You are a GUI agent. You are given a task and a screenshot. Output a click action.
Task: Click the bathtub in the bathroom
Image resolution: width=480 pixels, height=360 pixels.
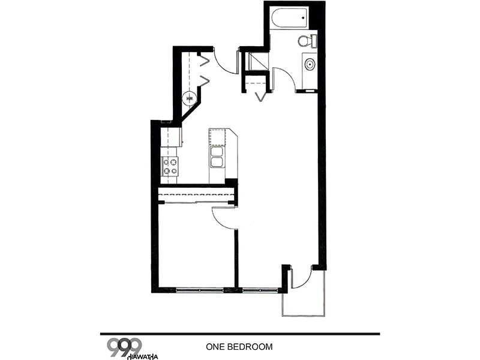click(x=289, y=18)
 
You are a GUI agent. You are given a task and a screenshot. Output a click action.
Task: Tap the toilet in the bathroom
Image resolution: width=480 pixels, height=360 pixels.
click(x=307, y=41)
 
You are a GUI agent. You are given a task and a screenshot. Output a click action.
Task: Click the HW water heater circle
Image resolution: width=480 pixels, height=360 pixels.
click(x=190, y=98)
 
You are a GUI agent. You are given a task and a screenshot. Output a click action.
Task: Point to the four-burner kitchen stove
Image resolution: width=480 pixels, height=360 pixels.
click(x=170, y=166)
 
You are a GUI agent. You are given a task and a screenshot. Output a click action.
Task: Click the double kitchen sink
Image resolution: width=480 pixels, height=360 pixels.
click(x=217, y=157)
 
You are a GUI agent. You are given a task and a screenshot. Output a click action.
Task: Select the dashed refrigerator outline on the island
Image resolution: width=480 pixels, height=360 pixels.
click(x=218, y=137)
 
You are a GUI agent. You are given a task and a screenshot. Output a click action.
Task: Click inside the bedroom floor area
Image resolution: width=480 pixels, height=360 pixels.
click(x=196, y=248)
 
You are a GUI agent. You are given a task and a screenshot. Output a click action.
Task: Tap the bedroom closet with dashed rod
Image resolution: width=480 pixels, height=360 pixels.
click(x=197, y=195)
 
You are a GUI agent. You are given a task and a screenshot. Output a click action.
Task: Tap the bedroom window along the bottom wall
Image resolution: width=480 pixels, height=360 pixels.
click(x=200, y=290)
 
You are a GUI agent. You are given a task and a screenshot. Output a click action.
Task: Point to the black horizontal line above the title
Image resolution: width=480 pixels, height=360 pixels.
click(x=240, y=334)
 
